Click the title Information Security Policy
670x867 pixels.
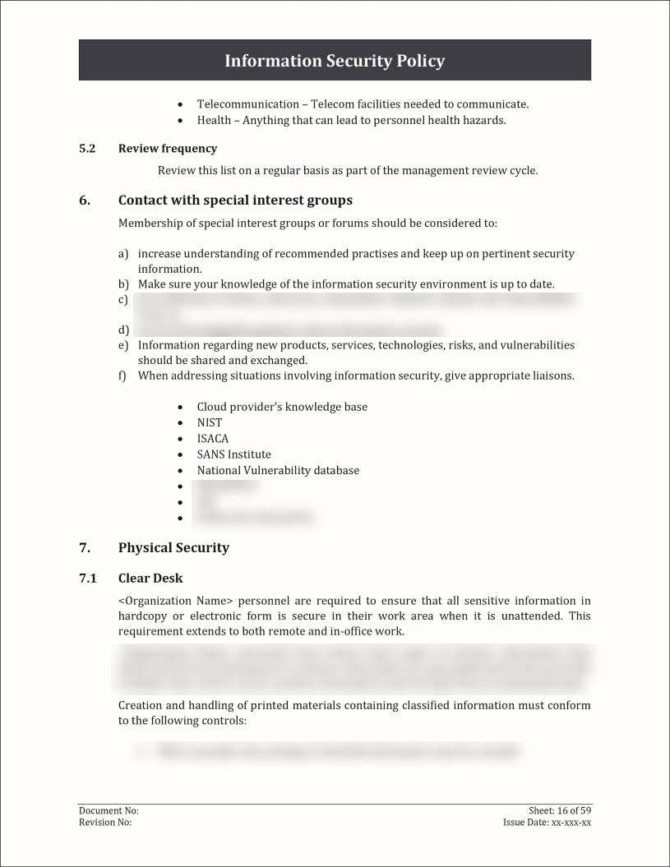[x=335, y=61]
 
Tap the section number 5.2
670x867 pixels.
[x=87, y=149]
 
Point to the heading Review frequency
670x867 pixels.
[x=168, y=149]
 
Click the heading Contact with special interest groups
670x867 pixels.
[x=235, y=201]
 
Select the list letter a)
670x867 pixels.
[x=123, y=254]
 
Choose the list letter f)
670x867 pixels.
[x=122, y=376]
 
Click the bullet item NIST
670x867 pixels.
[x=210, y=422]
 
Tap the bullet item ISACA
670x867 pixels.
[x=213, y=439]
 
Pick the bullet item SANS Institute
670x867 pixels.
[x=233, y=454]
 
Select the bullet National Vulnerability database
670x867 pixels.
[x=278, y=471]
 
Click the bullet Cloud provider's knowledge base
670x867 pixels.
[x=282, y=407]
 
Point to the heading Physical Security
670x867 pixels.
[x=173, y=548]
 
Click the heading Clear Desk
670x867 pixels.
[x=150, y=579]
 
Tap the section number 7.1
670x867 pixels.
[x=88, y=579]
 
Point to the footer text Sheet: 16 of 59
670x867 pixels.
[x=560, y=811]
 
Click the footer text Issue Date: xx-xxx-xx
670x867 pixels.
[x=547, y=823]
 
